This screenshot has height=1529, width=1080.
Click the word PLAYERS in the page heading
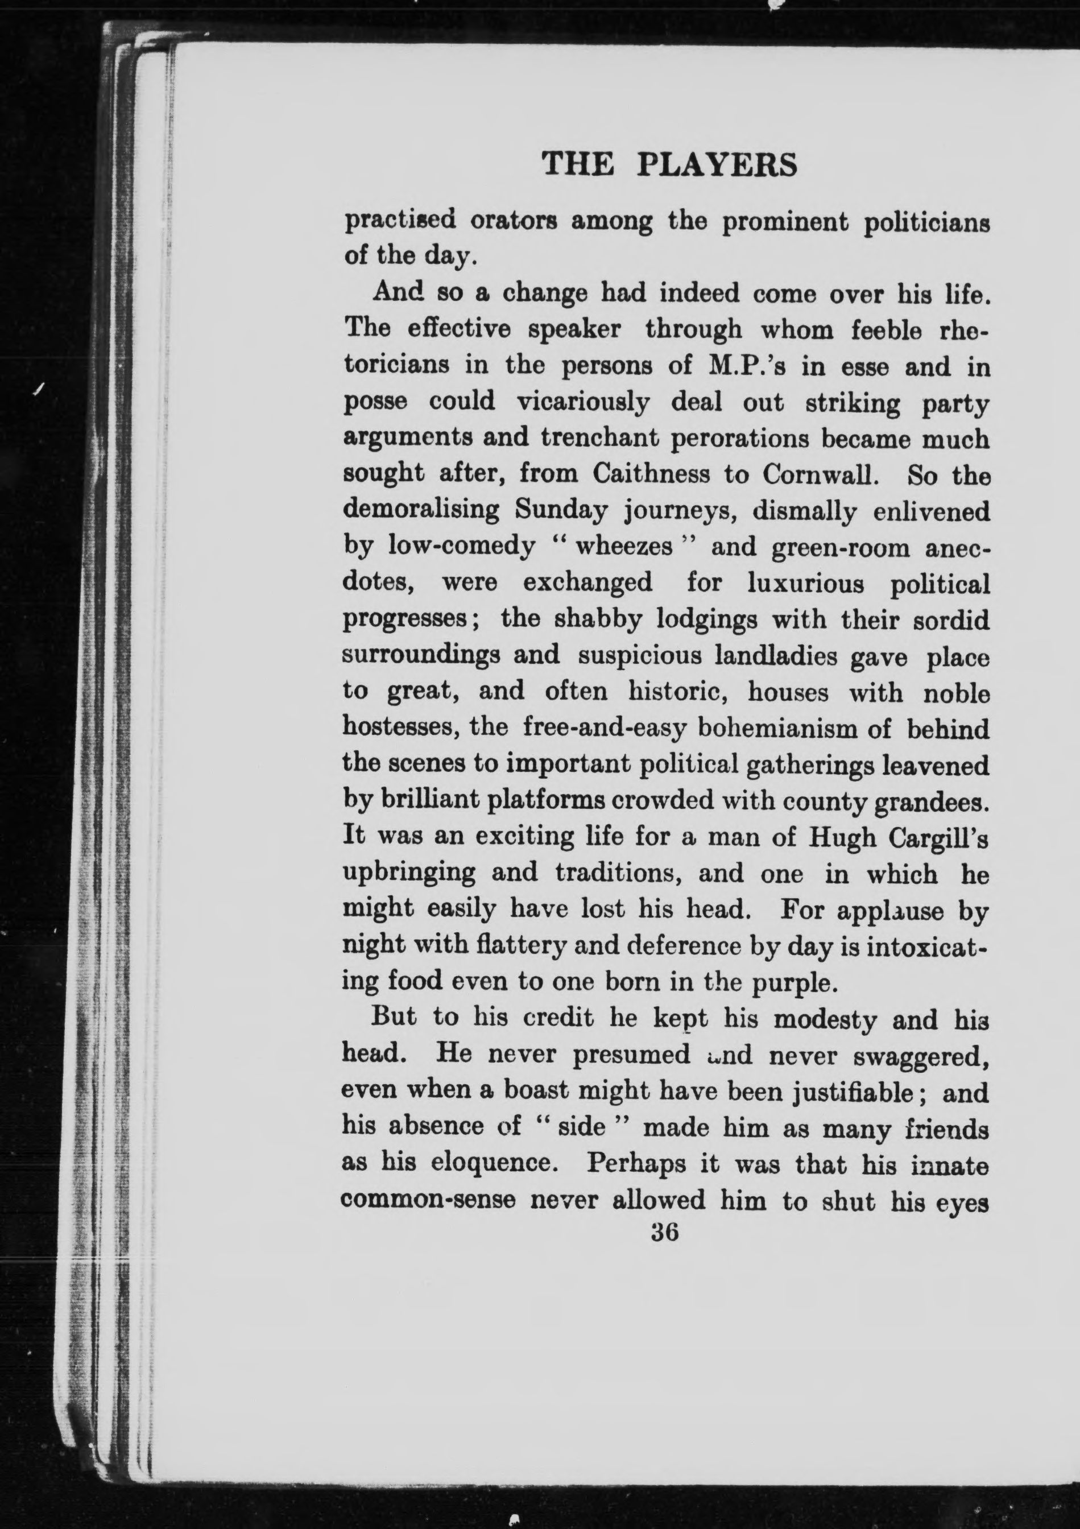(x=717, y=164)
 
